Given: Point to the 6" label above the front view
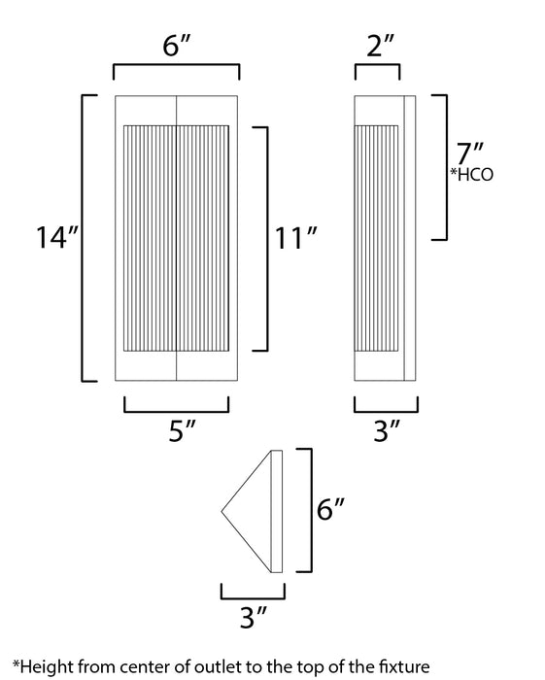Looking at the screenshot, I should click(176, 47).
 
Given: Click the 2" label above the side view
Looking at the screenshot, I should click(377, 47).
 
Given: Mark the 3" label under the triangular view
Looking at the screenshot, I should click(253, 617).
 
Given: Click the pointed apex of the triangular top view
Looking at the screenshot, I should click(223, 510).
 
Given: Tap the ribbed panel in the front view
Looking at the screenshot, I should click(176, 238).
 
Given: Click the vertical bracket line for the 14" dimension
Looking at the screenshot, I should click(82, 238).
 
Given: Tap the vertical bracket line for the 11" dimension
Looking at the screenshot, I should click(267, 238).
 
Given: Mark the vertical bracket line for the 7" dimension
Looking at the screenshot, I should click(446, 167).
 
